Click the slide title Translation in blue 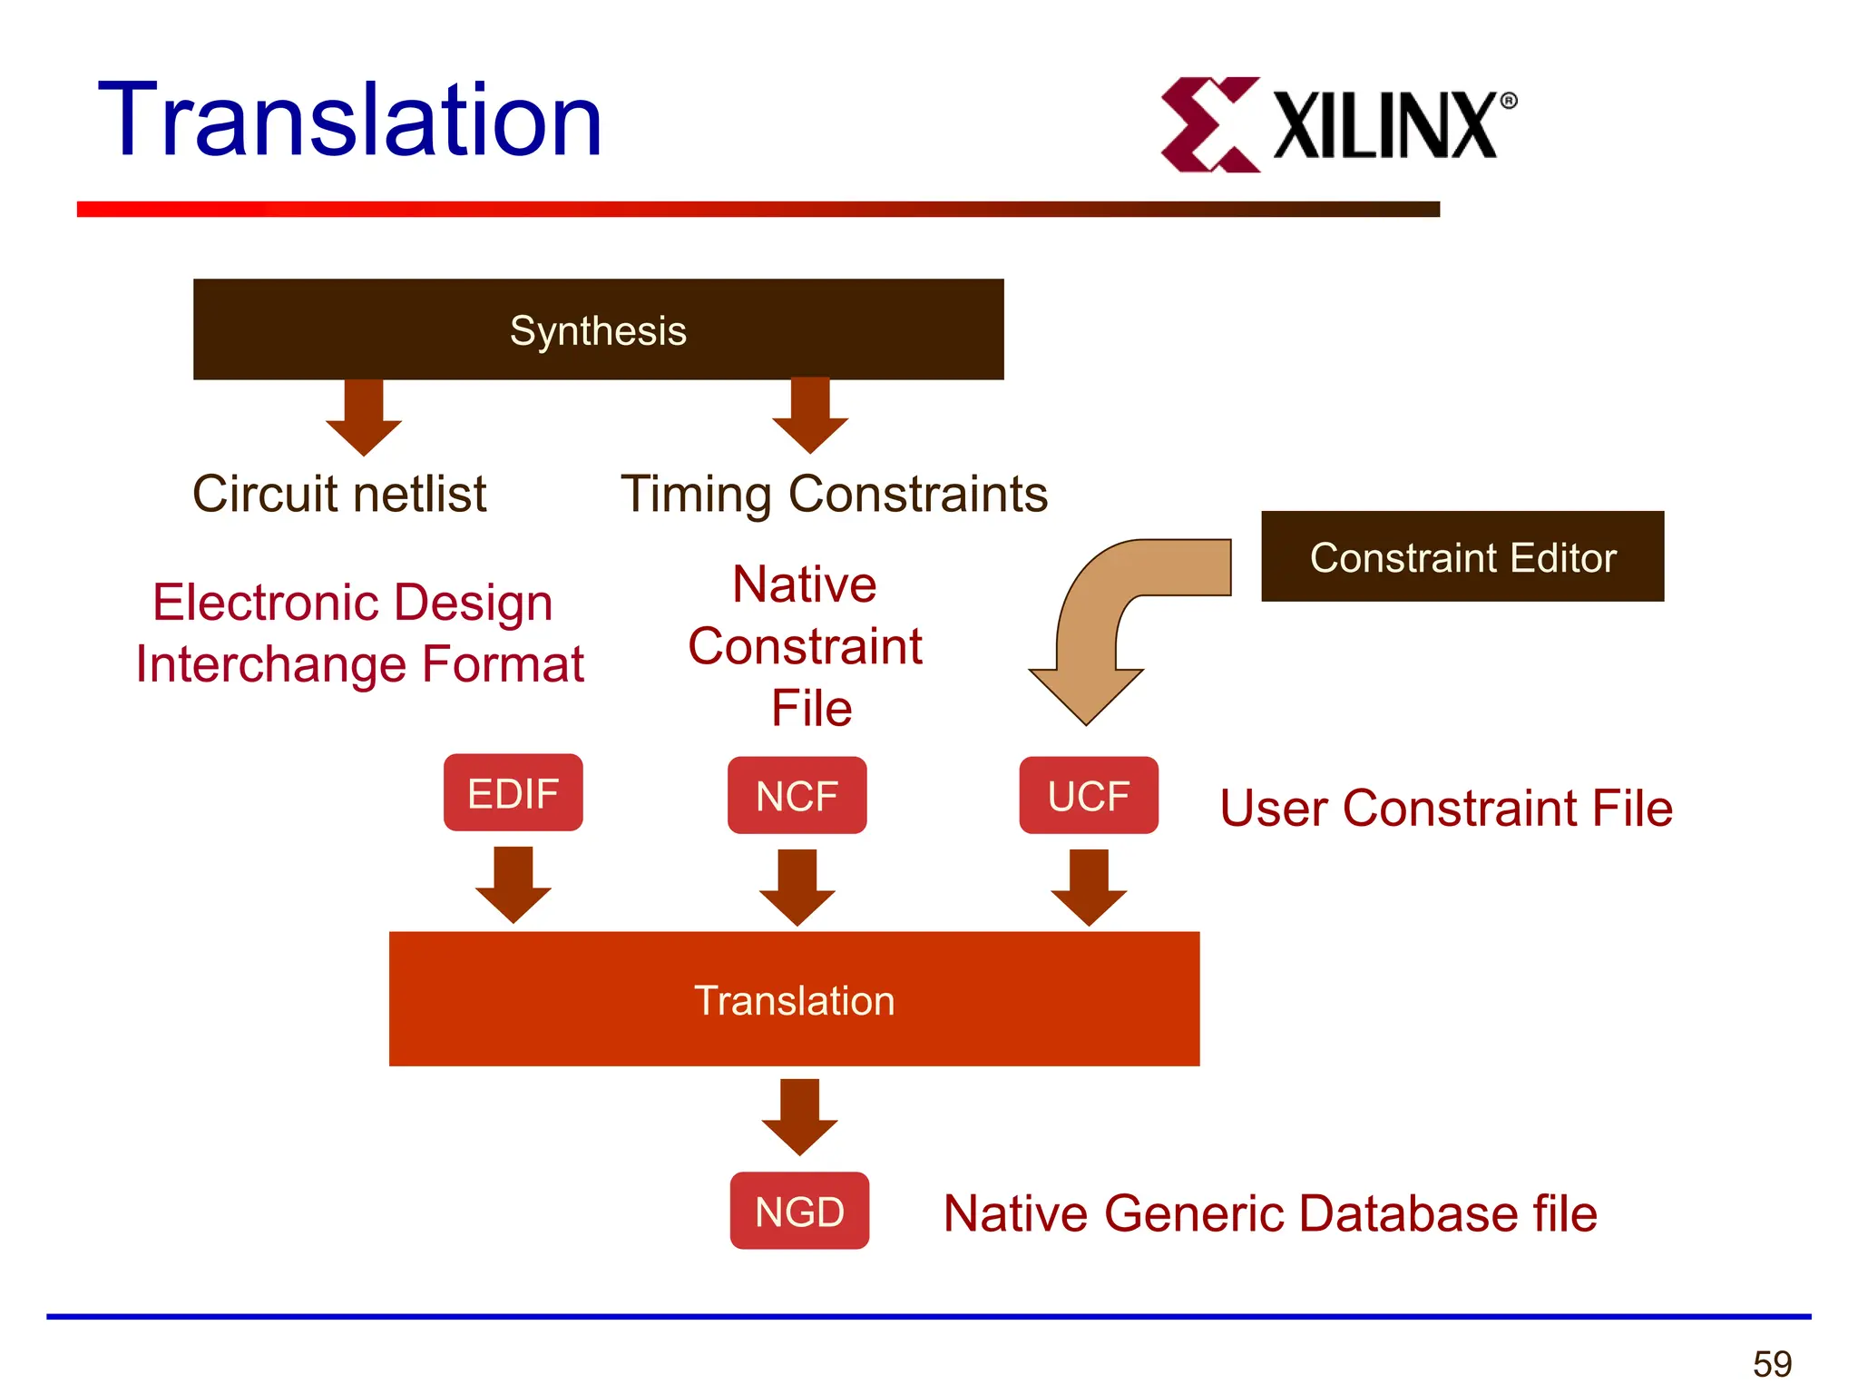pyautogui.click(x=350, y=121)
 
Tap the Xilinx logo pyautogui.click(x=1337, y=125)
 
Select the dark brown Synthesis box pyautogui.click(x=598, y=329)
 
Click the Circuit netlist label pyautogui.click(x=339, y=495)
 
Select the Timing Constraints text pyautogui.click(x=834, y=496)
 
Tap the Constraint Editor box pyautogui.click(x=1462, y=556)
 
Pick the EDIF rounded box pyautogui.click(x=513, y=793)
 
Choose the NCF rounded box pyautogui.click(x=797, y=796)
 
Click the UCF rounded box pyautogui.click(x=1088, y=796)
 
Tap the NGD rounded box pyautogui.click(x=799, y=1212)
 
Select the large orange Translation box pyautogui.click(x=794, y=999)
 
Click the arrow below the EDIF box pyautogui.click(x=513, y=885)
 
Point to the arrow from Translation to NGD pyautogui.click(x=799, y=1117)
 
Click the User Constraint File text pyautogui.click(x=1445, y=809)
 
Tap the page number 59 pyautogui.click(x=1772, y=1364)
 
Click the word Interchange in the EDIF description pyautogui.click(x=272, y=665)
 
